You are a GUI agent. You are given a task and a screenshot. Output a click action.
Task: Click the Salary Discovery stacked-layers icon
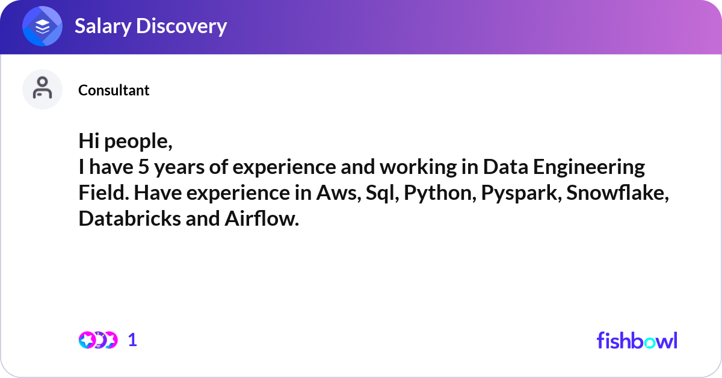[42, 26]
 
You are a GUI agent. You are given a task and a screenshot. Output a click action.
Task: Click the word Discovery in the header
[182, 26]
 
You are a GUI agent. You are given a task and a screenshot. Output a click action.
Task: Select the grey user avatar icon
[42, 89]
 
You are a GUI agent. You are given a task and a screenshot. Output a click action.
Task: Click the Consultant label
[114, 90]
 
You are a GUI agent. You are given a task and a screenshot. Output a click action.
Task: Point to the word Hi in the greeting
[89, 141]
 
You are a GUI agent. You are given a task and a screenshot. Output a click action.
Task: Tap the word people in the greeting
[138, 142]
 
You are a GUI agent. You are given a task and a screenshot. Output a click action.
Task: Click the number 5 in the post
[144, 167]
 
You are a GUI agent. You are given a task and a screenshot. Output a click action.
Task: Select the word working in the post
[418, 168]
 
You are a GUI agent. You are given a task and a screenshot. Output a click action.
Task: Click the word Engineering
[588, 168]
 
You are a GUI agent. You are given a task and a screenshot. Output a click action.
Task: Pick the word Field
[103, 193]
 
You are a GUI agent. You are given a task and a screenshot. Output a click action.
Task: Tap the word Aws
[338, 193]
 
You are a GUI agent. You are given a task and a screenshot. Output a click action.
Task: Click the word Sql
[381, 194]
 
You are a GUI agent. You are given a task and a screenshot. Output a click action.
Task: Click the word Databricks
[129, 218]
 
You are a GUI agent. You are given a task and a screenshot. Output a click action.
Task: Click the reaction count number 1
[132, 340]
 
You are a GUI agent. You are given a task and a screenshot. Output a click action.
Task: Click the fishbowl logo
[637, 340]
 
